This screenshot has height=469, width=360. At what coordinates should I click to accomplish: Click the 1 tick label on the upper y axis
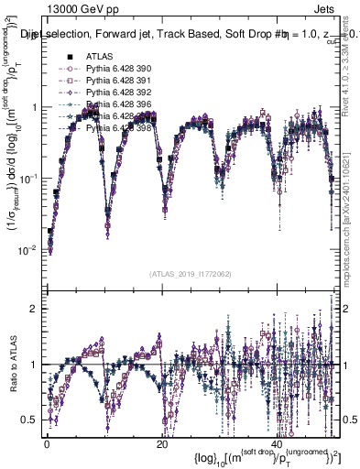[x=34, y=107]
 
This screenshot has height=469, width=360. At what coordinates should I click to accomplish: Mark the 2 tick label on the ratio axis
[x=34, y=309]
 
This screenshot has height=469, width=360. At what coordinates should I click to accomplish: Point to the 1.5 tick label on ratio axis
[x=29, y=337]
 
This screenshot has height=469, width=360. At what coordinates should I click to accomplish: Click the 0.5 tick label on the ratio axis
[x=29, y=420]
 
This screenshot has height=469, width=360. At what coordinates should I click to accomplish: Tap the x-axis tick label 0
[x=47, y=443]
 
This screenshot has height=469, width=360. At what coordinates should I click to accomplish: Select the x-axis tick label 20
[x=160, y=443]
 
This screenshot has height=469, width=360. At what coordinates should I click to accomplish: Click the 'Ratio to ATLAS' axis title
[x=12, y=364]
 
